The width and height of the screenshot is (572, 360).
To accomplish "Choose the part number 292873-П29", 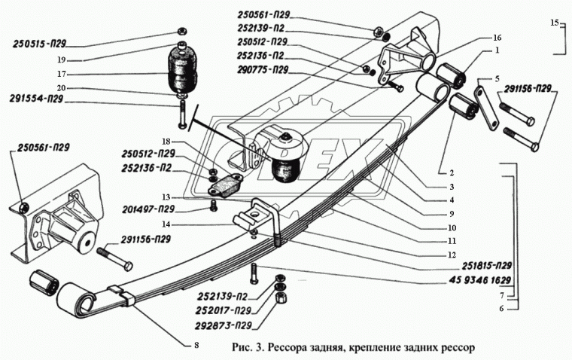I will [222, 325].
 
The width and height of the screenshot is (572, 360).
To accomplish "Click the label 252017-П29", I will [222, 310].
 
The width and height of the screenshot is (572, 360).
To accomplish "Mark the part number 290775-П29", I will [260, 70].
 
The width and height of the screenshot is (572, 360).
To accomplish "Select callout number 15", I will [554, 23].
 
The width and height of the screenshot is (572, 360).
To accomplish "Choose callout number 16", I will [496, 36].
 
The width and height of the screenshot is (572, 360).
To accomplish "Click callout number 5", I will [497, 78].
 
